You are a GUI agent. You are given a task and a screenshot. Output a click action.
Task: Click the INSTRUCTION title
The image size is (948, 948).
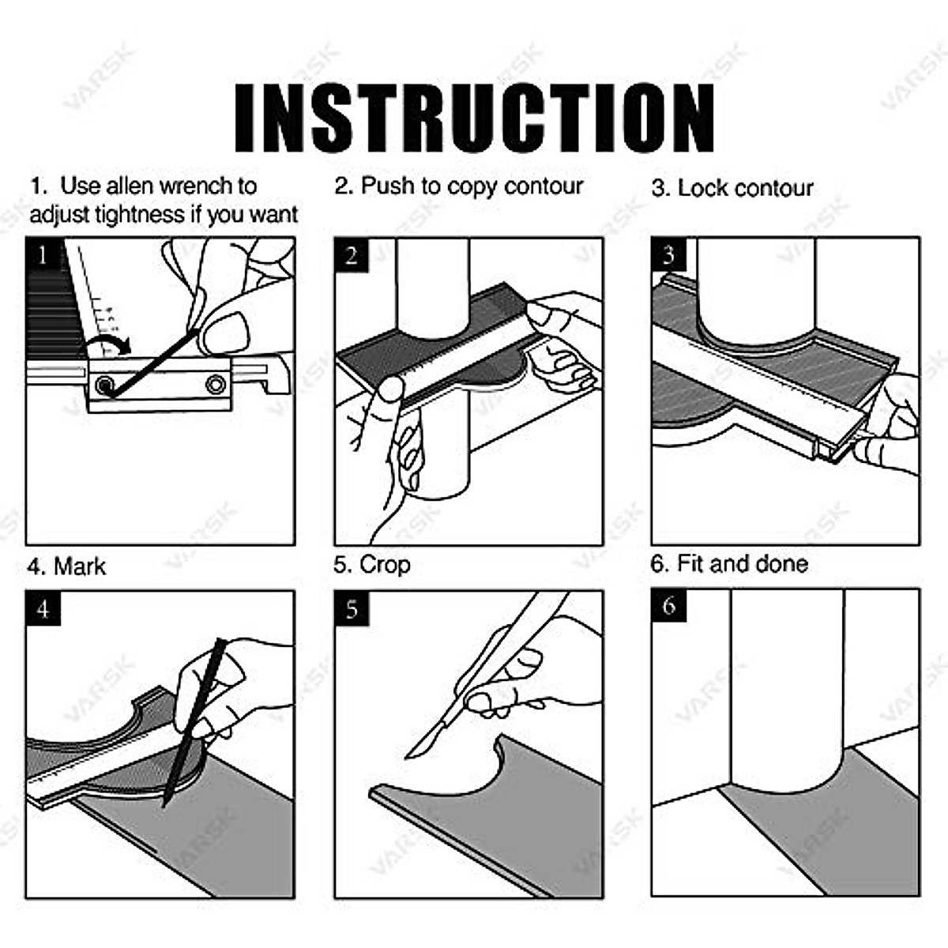[x=474, y=118]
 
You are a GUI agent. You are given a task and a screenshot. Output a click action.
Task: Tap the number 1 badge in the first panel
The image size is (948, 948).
[x=43, y=255]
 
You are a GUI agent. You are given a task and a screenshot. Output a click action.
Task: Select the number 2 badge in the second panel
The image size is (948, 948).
[x=352, y=255]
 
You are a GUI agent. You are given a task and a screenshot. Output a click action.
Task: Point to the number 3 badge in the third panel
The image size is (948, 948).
[x=668, y=255]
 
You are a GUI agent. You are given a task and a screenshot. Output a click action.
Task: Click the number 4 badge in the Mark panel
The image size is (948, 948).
[x=43, y=608]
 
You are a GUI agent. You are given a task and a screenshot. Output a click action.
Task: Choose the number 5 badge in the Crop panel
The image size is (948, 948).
[x=352, y=608]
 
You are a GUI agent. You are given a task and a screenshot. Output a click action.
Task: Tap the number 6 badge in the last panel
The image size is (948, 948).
[x=669, y=606]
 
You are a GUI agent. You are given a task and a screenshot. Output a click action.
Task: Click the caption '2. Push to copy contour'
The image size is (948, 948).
[x=459, y=186]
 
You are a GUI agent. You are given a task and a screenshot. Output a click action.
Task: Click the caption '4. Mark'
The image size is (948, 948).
[x=66, y=566]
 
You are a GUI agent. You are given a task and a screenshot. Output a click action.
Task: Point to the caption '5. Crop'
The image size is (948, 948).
[x=372, y=565]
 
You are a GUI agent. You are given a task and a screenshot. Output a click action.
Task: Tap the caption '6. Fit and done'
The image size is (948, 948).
[x=729, y=563]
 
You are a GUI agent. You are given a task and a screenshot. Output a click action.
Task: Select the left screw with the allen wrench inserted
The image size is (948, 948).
[x=105, y=384]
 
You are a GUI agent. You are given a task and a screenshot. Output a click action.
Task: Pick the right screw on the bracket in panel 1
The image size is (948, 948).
[x=216, y=384]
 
